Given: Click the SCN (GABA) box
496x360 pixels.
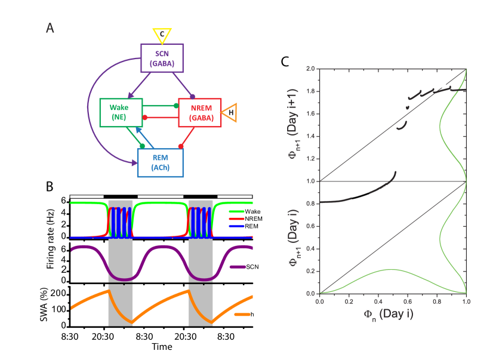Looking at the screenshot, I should [162, 58].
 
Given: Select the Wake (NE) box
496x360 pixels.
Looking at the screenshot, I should [121, 113].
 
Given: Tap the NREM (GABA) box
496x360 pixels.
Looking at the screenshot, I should [200, 113].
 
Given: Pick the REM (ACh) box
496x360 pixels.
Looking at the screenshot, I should [160, 163].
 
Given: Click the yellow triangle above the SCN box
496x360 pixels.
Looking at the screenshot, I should [162, 35].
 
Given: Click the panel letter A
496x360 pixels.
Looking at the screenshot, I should [50, 28].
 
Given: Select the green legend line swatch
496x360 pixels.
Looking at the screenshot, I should [237, 211].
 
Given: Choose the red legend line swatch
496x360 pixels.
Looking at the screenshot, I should [237, 219].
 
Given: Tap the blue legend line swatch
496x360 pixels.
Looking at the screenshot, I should [237, 226].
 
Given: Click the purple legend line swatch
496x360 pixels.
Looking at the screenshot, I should [238, 267].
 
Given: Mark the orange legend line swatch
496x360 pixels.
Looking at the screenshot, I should [242, 313].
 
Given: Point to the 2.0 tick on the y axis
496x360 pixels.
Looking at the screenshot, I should [310, 69].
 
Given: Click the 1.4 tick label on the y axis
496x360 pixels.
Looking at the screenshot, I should [310, 136].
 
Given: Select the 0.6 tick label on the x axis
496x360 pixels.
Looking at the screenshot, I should [408, 301].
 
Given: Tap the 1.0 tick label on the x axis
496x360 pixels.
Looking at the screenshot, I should [466, 301].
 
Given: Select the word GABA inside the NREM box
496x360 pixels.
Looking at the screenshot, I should [201, 118].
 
